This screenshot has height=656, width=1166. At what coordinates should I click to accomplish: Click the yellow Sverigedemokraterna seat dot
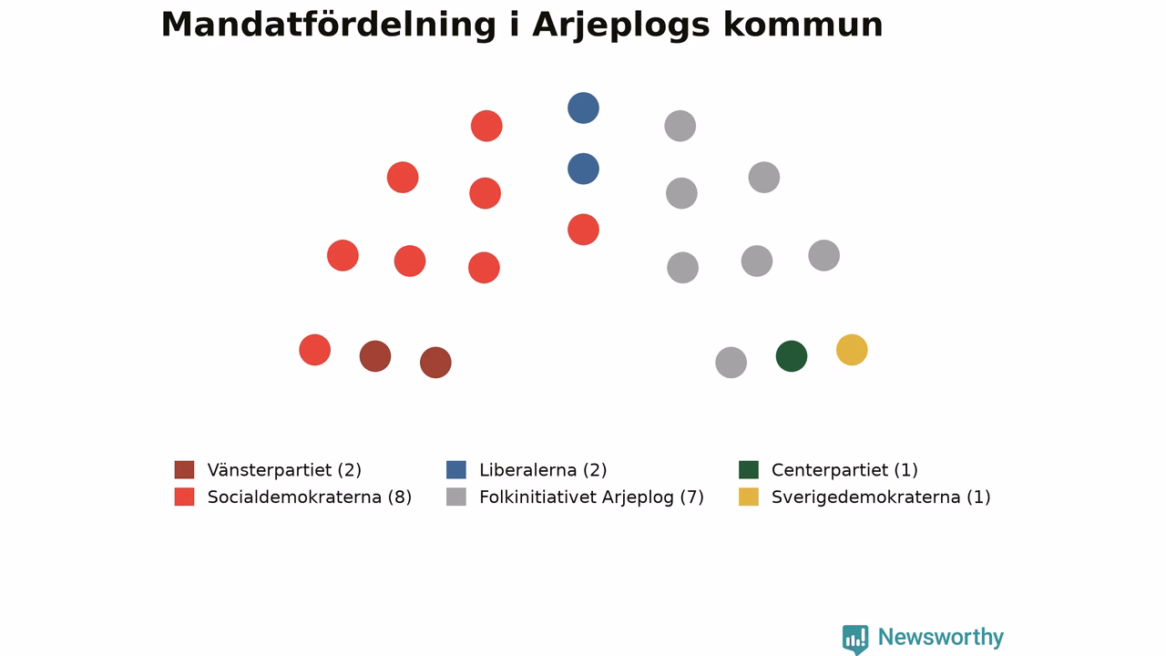point(852,350)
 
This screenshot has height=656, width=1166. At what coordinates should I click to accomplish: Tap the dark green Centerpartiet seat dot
point(792,356)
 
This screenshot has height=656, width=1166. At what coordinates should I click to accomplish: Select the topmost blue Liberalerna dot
point(583,108)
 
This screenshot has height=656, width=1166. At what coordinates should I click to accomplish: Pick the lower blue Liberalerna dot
point(583,169)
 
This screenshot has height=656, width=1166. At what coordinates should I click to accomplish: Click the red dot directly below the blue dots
point(583,230)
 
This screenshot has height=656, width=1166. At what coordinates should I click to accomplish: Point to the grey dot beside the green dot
point(731,363)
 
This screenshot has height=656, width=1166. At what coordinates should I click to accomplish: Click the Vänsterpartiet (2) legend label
point(284,470)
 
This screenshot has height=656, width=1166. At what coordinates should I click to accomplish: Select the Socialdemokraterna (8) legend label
point(309,497)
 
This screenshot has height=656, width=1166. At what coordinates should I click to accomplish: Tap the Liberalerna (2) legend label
point(543,470)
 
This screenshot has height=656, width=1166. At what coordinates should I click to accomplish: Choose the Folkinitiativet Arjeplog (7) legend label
point(591,497)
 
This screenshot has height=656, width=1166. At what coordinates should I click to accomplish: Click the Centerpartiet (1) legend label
point(844,470)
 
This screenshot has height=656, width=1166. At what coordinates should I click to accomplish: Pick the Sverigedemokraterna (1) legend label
point(881,497)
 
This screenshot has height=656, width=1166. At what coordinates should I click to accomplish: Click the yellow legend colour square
point(749,497)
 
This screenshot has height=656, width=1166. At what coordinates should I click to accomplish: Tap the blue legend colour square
point(456,469)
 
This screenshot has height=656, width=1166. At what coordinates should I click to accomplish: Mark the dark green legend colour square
point(749,469)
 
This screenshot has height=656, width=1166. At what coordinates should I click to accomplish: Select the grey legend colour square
point(456,497)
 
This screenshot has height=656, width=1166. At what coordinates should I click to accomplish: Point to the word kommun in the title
point(803,25)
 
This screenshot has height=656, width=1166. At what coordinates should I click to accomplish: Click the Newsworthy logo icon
point(855,639)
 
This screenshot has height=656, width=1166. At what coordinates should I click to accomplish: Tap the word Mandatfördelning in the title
point(329,25)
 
